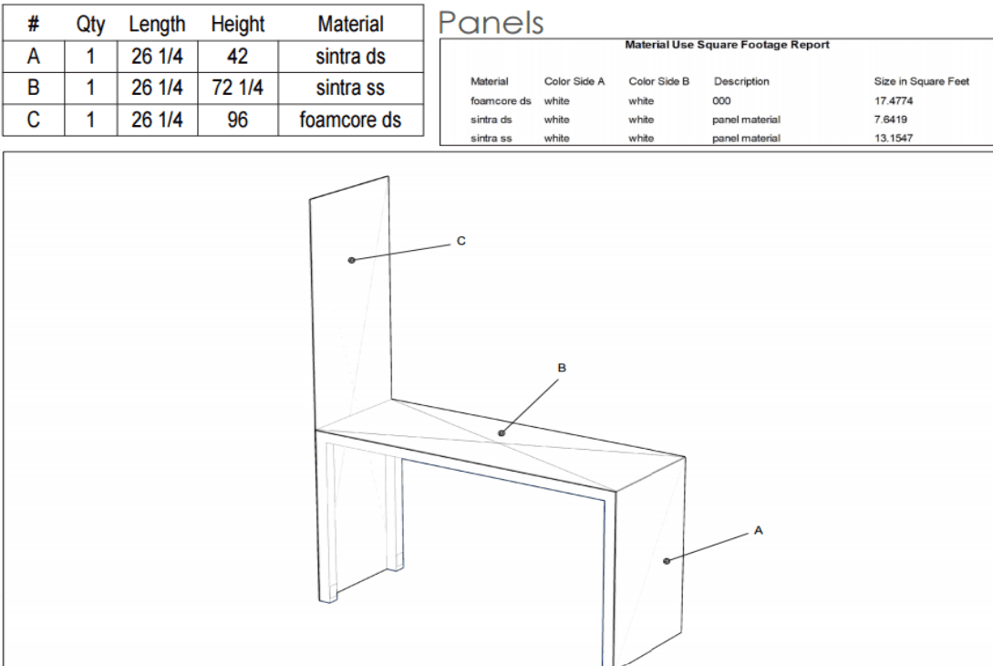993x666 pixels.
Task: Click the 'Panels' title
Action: click(491, 24)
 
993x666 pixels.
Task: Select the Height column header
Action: click(237, 24)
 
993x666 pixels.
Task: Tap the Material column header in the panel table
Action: click(351, 24)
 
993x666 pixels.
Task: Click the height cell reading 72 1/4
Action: click(237, 88)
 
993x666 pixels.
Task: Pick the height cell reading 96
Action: click(237, 120)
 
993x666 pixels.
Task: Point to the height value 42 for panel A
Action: click(237, 57)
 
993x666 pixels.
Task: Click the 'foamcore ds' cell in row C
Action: click(350, 120)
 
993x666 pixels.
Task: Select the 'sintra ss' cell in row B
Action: click(350, 88)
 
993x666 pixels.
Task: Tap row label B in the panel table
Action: click(34, 88)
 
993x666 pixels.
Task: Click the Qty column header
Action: click(90, 25)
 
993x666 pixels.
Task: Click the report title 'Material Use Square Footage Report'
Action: click(727, 45)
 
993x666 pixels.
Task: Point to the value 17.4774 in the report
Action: click(894, 100)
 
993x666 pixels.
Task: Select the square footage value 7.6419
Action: click(890, 120)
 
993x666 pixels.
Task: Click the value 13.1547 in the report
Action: click(894, 138)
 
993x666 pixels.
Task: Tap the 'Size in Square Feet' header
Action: click(922, 81)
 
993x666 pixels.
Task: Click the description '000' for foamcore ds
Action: click(721, 100)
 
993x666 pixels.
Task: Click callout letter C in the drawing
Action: click(461, 241)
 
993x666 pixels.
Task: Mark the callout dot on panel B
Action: click(502, 433)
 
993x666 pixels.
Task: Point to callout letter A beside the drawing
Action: click(759, 530)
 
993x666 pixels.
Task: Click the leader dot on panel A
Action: click(667, 561)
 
